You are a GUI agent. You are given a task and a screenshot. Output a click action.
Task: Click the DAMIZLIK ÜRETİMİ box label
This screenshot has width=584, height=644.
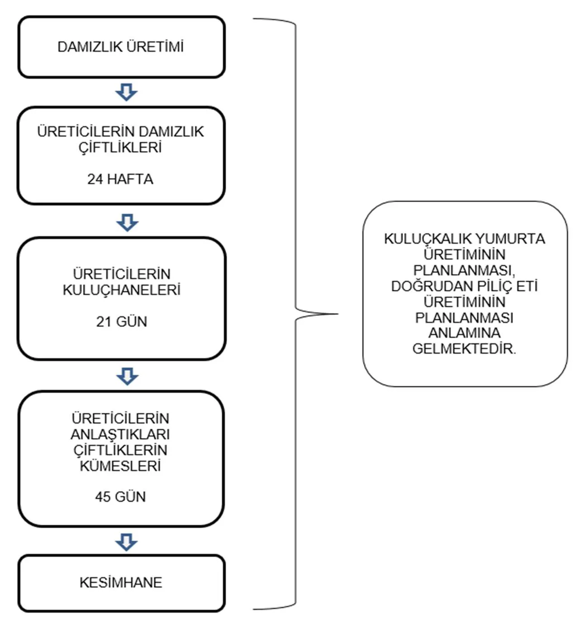coord(121,47)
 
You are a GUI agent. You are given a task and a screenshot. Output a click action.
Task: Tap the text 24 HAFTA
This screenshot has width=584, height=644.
coord(120,179)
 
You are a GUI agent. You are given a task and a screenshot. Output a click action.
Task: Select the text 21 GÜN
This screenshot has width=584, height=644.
coord(121,322)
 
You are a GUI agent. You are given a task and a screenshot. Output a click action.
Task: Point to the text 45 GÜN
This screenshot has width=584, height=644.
coord(120,497)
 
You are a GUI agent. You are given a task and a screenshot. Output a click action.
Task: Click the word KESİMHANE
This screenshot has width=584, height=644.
coord(121,582)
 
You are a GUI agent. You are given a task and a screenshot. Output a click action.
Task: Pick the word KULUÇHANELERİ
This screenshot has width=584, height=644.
coord(121,290)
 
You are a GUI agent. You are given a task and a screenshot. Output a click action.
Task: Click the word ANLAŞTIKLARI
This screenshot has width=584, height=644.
coord(120,434)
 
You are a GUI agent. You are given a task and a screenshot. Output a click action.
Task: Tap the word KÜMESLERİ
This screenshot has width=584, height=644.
coord(120,466)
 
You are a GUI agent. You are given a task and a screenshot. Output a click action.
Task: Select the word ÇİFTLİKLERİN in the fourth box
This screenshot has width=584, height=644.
coord(120,450)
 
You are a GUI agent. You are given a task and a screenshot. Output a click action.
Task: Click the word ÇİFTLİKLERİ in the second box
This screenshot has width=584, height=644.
coord(120,147)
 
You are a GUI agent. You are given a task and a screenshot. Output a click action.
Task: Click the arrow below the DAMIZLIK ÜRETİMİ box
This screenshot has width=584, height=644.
coord(126,92)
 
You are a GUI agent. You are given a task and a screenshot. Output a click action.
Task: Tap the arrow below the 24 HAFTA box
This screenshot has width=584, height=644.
coord(128,223)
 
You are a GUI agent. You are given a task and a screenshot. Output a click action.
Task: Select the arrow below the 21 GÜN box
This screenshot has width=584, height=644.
coord(128,376)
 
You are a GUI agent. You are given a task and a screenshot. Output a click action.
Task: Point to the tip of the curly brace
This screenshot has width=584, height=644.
coord(338,314)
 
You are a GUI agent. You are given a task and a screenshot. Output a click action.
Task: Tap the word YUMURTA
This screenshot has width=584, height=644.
coord(510,239)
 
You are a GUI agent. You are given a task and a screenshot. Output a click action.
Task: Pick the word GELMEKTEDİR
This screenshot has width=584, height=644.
coord(464,349)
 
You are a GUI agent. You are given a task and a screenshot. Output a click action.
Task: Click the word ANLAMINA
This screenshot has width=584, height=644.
coord(465,333)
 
